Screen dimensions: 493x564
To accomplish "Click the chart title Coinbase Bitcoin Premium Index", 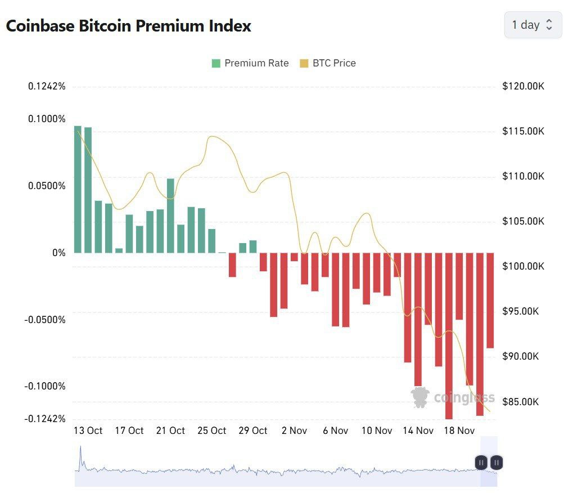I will pos(128,26).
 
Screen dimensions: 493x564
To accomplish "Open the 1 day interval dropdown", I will pos(532,25).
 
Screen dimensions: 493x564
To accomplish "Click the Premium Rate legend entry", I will pos(250,63).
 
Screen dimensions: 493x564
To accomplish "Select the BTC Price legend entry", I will pos(328,63).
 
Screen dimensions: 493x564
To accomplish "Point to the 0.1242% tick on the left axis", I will pos(47,86).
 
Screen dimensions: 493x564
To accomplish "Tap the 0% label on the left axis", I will pos(59,253).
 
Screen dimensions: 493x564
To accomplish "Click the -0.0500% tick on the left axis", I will pos(44,320).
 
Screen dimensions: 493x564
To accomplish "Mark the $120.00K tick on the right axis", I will pos(523,86).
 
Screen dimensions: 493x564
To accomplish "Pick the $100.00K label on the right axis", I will pos(523,266).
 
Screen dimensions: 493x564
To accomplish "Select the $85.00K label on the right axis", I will pos(523,402).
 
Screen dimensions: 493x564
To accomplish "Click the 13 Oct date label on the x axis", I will pos(88,431).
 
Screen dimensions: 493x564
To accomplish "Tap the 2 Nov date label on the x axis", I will pos(294,431).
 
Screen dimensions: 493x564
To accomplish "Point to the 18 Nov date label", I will pos(459,431).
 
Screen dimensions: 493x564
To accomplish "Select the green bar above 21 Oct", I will pos(170,216).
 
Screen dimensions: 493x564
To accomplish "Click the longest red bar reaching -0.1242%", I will pos(449,335).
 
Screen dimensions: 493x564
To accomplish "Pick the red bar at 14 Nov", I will pos(418,319).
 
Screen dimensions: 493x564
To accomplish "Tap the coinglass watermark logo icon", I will pos(420,397).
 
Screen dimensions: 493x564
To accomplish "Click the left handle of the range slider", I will pos(481,463).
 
